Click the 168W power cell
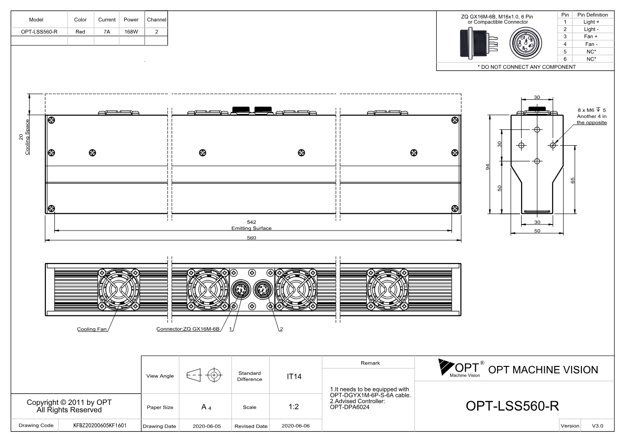click(x=131, y=32)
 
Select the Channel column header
click(x=157, y=19)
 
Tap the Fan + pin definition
click(x=591, y=37)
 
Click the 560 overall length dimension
click(x=251, y=238)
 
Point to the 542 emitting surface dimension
click(x=251, y=222)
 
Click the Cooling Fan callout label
click(x=92, y=329)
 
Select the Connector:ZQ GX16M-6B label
click(x=188, y=329)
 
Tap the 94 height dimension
click(x=487, y=167)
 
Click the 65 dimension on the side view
click(x=573, y=180)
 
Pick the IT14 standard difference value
click(x=294, y=377)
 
